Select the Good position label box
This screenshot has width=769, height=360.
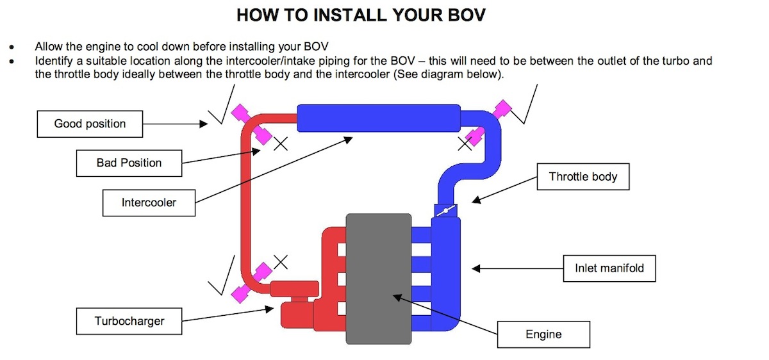tap(90, 124)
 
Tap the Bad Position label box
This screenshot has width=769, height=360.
tap(129, 163)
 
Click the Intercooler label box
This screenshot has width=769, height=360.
tap(149, 203)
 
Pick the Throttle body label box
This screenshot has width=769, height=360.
tap(583, 176)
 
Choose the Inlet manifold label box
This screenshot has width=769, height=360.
tap(609, 268)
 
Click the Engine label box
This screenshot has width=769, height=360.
tap(543, 334)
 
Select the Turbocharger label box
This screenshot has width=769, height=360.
tap(129, 321)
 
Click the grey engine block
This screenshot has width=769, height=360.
tap(378, 279)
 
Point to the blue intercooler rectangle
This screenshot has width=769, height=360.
tap(379, 119)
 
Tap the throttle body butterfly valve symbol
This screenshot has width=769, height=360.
tap(445, 209)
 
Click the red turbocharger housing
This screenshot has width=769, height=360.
tap(295, 315)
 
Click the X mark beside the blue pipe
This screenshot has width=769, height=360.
tap(464, 144)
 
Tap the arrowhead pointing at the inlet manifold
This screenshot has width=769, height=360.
tap(475, 269)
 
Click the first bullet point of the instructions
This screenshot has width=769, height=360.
tap(13, 47)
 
